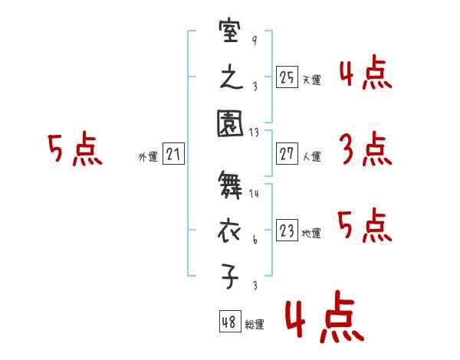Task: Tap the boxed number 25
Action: point(287,77)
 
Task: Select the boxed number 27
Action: point(287,154)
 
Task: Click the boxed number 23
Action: point(287,231)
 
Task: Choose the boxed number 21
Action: point(173,154)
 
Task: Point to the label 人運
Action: point(311,157)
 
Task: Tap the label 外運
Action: point(148,157)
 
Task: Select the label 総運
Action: point(255,325)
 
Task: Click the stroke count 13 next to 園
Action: point(255,132)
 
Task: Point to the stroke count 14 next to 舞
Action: point(255,194)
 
